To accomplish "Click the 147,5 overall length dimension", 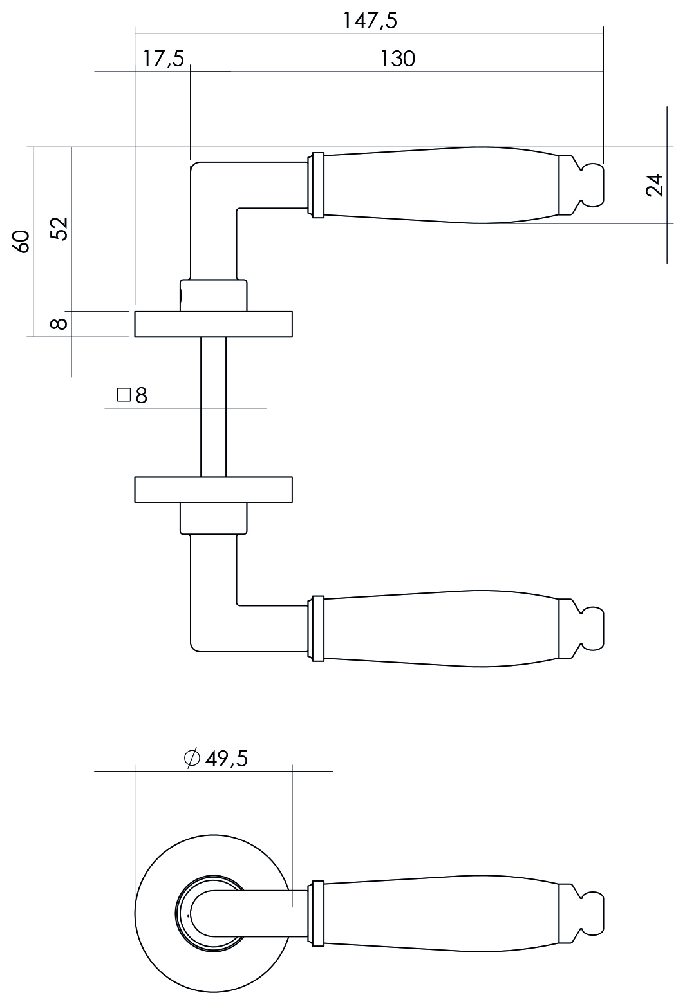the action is pos(370,21).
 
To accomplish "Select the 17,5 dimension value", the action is pos(163,59).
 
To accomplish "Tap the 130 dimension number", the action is pos(397,59).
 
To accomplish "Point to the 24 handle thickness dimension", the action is pos(654,185).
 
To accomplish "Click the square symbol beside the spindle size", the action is pos(124,394).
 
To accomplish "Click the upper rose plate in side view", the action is pos(213,325).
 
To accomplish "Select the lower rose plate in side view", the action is pos(213,489).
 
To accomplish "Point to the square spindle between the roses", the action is pos(213,407).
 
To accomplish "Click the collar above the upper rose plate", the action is pos(213,296).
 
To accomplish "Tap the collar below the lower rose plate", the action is pos(213,518).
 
